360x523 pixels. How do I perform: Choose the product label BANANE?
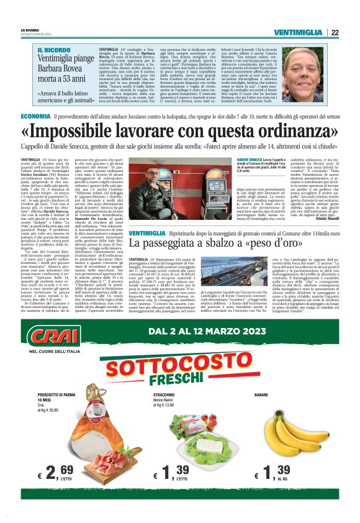point(261,412)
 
